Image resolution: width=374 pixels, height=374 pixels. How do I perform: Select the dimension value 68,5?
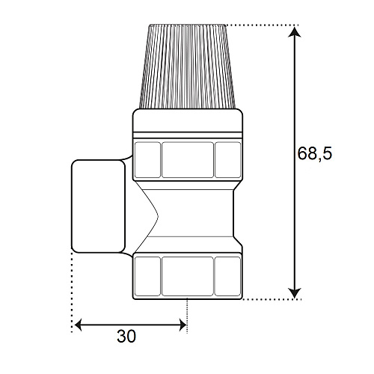tap(313, 154)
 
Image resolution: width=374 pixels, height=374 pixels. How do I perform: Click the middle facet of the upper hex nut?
tap(187, 160)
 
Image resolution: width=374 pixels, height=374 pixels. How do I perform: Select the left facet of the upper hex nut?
tap(147, 160)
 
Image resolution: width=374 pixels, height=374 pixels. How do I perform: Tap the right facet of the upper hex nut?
tap(227, 160)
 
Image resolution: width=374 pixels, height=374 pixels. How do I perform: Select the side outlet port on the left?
tap(96, 206)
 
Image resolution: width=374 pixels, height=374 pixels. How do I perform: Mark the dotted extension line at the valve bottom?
tap(269, 299)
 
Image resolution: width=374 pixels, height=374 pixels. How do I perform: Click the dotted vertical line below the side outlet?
tap(73, 292)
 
